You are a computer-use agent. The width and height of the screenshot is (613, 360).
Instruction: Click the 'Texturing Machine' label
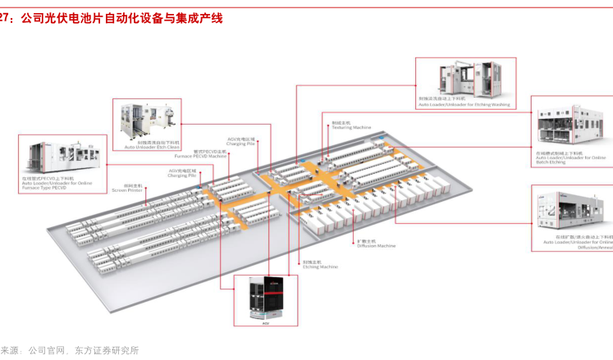tap(352, 128)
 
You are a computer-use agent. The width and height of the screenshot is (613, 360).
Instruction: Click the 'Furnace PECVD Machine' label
tap(210, 156)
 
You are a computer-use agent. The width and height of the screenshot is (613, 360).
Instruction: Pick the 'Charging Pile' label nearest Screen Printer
tap(182, 175)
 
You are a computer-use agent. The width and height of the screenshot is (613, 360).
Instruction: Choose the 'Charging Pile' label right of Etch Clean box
tap(242, 144)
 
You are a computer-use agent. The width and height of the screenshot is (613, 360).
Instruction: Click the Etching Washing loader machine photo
tap(465, 79)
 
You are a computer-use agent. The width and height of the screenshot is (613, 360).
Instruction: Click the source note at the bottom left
tap(70, 352)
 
